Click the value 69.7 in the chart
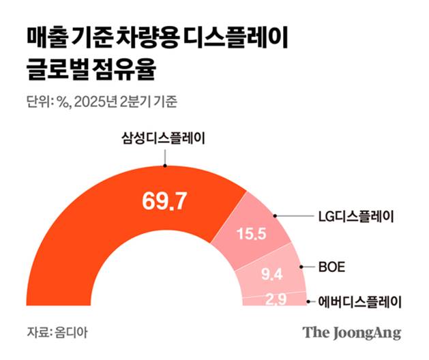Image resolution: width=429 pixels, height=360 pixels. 164,200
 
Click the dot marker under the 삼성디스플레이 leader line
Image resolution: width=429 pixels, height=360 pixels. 164,165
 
